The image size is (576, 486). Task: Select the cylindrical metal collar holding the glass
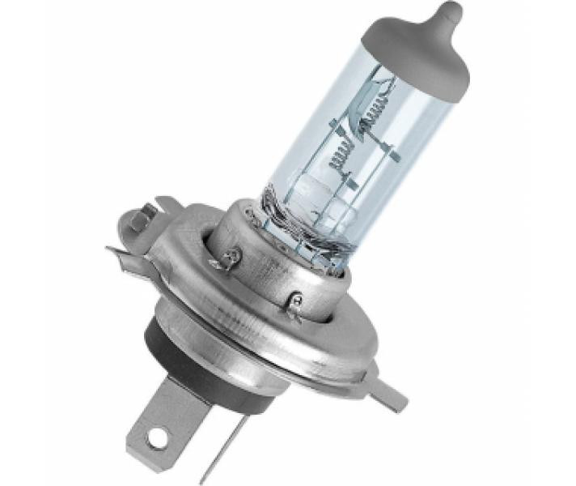pos(267,259)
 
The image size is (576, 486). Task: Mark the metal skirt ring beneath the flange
pos(243,373)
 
